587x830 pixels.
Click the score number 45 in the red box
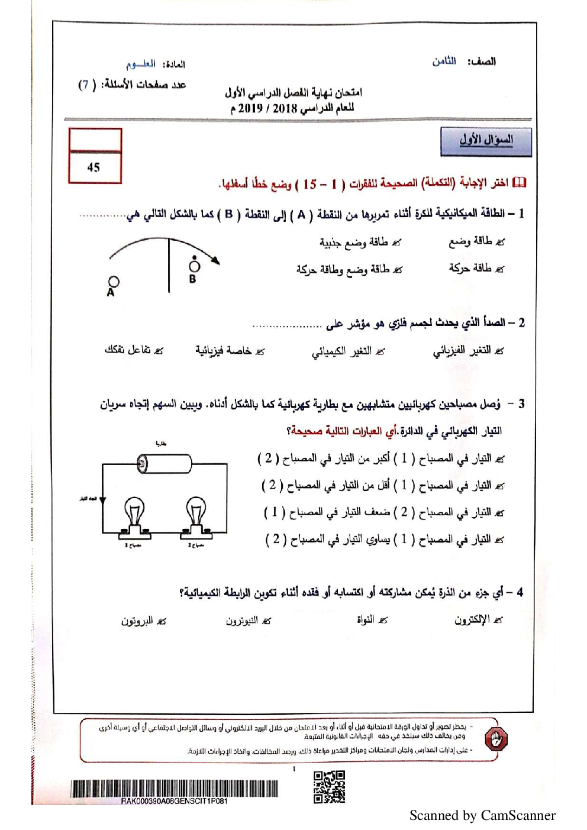pos(93,167)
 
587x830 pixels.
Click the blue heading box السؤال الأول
pos(486,141)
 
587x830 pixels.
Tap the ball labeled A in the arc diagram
pos(114,282)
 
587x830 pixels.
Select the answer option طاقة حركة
pos(470,269)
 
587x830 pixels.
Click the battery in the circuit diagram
pos(165,463)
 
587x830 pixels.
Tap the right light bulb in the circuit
pos(196,513)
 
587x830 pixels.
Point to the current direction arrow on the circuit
pos(102,501)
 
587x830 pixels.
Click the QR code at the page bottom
pos(329,787)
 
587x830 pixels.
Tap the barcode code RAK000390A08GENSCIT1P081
pos(174,801)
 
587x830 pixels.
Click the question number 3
pos(521,404)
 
